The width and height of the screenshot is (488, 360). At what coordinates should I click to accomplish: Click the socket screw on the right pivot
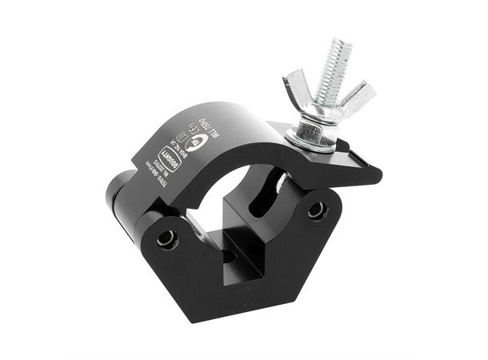click(318, 210)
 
